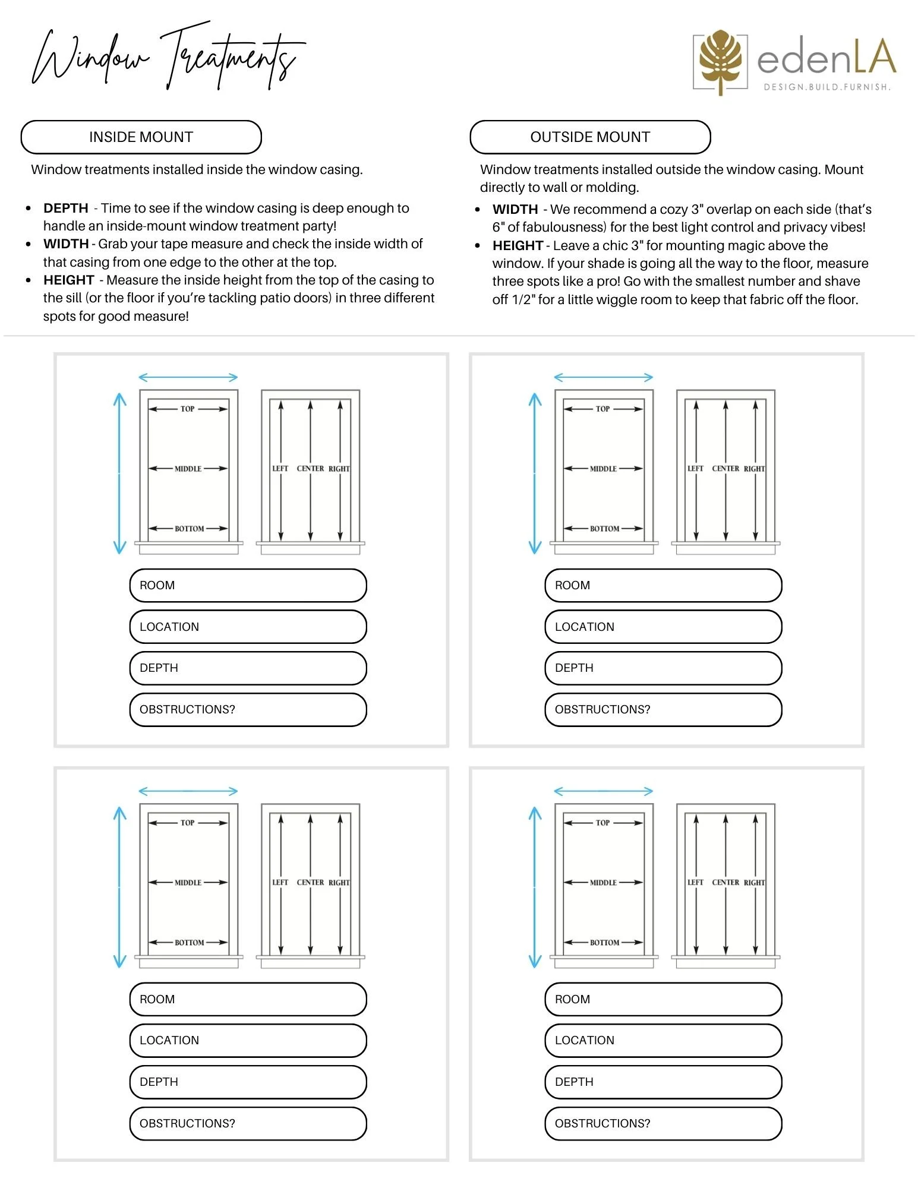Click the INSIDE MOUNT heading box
141,137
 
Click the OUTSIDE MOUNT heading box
590,137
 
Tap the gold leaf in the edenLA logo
720,59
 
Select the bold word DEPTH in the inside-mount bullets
65,208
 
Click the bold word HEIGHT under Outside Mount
518,245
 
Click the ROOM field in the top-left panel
248,585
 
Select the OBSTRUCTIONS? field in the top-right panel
663,709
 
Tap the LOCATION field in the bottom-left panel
248,1040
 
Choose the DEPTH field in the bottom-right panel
663,1082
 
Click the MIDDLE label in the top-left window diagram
188,469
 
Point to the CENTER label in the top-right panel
725,469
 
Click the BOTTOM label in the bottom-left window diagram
189,942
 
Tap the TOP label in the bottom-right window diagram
602,823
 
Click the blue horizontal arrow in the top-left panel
188,377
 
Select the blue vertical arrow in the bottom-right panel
535,887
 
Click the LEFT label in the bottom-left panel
280,883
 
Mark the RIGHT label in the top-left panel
339,469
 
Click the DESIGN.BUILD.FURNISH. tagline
826,87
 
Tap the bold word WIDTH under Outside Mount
515,209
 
